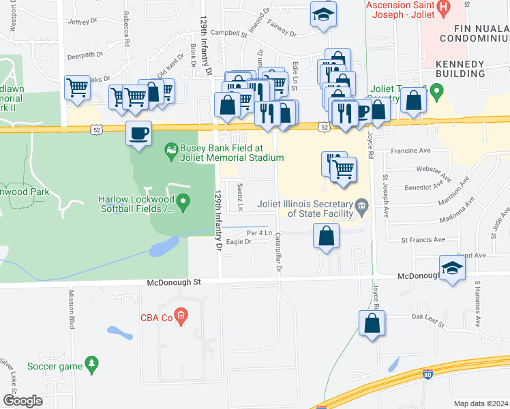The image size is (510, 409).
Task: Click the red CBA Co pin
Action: coord(180,316)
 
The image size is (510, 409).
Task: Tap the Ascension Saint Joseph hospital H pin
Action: coord(444,10)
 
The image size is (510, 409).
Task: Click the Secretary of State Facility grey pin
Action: coord(362,205)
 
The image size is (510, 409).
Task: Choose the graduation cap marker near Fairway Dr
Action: coord(324,15)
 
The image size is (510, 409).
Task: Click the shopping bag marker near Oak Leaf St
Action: coord(372,324)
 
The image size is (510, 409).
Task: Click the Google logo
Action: coord(22,400)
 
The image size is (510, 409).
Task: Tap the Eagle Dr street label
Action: coord(239,242)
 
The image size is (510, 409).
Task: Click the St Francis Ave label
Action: coord(423,239)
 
